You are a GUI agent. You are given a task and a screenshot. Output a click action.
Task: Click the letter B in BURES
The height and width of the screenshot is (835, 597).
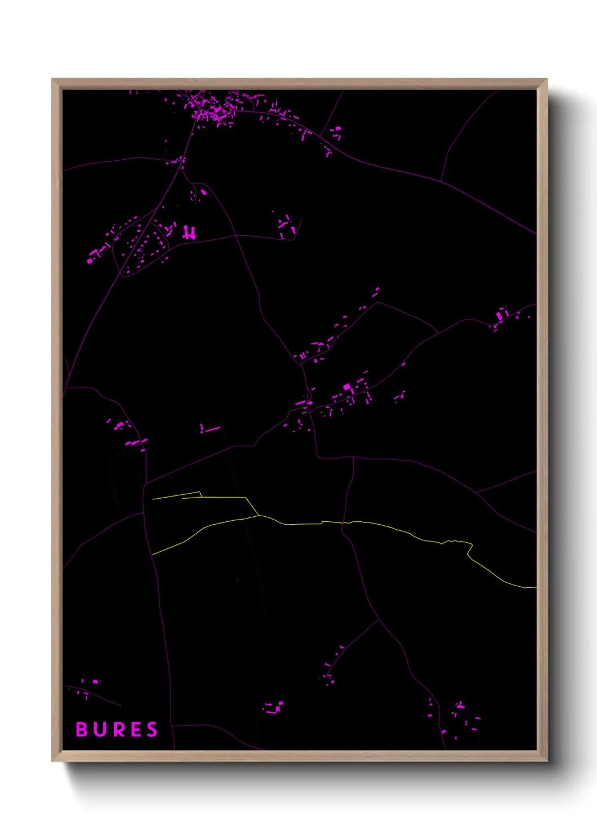(82, 729)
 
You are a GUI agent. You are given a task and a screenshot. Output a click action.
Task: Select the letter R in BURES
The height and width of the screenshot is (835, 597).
(117, 729)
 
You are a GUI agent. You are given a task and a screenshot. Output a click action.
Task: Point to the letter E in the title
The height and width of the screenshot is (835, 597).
(135, 729)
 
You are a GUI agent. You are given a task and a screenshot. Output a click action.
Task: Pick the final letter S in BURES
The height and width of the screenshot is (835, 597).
(152, 729)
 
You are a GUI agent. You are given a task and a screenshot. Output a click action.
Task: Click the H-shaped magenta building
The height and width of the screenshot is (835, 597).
(189, 232)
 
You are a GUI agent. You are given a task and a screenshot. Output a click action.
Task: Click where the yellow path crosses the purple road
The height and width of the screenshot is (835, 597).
(343, 523)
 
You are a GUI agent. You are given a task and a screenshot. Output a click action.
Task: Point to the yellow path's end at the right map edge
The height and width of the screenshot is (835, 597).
(534, 587)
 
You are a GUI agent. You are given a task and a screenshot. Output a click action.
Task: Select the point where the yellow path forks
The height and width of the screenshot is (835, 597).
(258, 515)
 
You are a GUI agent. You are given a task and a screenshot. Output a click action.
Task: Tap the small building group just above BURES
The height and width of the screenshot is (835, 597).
(90, 685)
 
